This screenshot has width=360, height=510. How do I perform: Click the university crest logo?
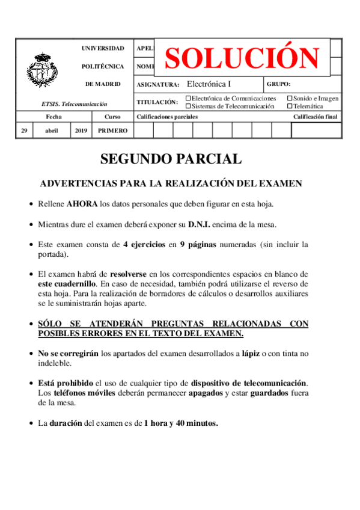tap(42, 69)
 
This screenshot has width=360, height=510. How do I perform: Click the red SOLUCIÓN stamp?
tap(242, 58)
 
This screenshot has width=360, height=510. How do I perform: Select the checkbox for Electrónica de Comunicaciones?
tap(189, 98)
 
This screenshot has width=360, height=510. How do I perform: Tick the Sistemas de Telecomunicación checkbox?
tap(189, 106)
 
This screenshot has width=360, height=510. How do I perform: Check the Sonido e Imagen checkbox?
tap(290, 98)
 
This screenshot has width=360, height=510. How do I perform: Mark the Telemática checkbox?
tap(290, 106)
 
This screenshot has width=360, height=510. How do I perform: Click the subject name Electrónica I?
tap(209, 84)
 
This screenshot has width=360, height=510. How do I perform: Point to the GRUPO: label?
tap(278, 85)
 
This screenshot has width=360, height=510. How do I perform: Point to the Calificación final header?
tap(316, 117)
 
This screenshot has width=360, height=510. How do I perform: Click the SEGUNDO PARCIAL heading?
tap(171, 159)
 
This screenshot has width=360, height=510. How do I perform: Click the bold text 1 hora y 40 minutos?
tap(181, 423)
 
